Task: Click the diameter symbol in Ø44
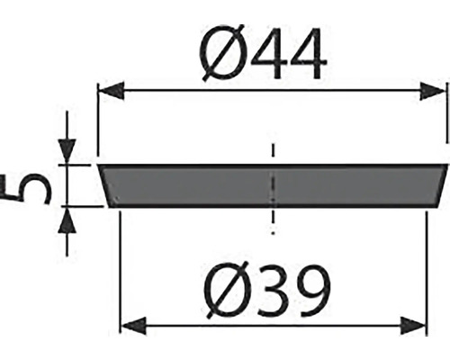pos(221,53)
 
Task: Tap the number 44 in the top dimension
pos(289,54)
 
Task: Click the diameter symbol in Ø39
pos(227,290)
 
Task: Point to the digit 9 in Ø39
pos(312,290)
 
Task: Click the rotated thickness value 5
pos(25,189)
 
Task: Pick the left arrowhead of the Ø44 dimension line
pos(112,90)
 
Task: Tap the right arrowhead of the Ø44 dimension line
pos(432,91)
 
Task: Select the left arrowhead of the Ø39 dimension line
pos(132,325)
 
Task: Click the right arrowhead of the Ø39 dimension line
pos(413,325)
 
